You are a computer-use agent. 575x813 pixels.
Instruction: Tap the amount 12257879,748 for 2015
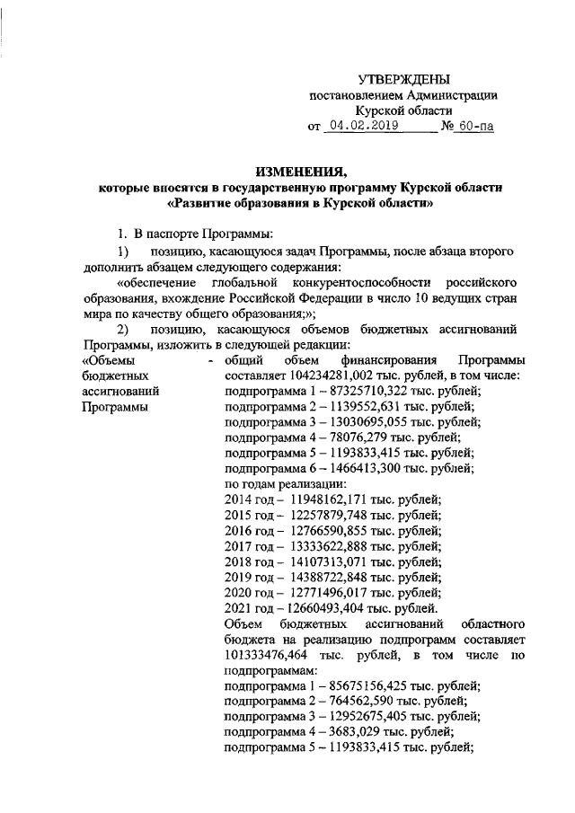point(329,514)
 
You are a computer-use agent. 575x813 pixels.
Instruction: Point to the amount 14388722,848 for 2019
point(329,575)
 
